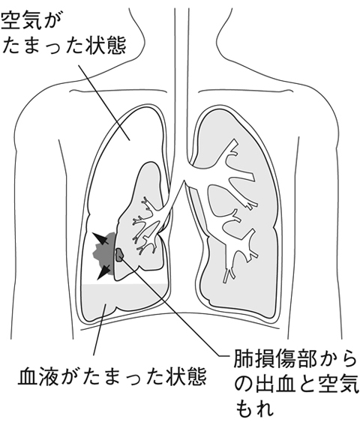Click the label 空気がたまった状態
tap(64, 33)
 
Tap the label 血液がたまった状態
tap(112, 376)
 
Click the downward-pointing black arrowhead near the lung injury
tap(103, 272)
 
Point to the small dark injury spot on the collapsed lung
tap(119, 255)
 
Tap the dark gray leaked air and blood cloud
tap(104, 254)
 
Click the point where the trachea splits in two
tap(184, 181)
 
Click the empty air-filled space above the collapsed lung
tap(129, 140)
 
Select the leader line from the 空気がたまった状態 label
tap(104, 103)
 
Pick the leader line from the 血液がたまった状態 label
tap(100, 329)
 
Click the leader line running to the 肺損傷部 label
tap(172, 307)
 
